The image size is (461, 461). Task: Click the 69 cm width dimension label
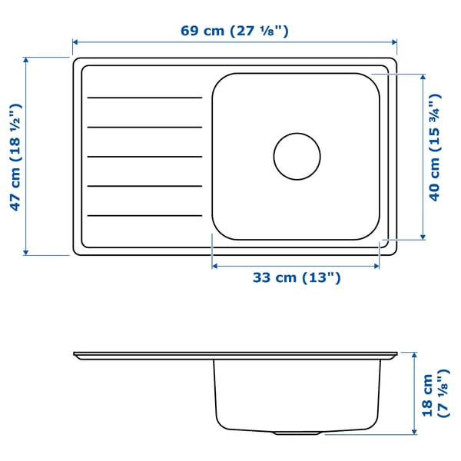(234, 32)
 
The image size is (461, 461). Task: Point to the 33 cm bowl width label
(297, 278)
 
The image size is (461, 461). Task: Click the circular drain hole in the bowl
(297, 156)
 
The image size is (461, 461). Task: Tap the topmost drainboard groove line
(144, 98)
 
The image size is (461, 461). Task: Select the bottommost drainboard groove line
(144, 215)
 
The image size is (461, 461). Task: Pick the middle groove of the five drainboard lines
(144, 157)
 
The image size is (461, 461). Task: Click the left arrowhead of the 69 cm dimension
(75, 43)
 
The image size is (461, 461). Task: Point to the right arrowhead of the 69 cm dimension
(395, 43)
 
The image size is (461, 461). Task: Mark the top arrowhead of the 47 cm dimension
(26, 59)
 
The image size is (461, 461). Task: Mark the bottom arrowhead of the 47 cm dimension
(26, 252)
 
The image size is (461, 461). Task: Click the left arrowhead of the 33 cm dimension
(214, 266)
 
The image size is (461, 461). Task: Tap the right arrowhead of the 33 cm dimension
(377, 266)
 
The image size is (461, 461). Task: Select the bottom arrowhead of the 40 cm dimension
(423, 237)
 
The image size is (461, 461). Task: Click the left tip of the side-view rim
(75, 354)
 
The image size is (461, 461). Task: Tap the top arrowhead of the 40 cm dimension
(423, 77)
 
